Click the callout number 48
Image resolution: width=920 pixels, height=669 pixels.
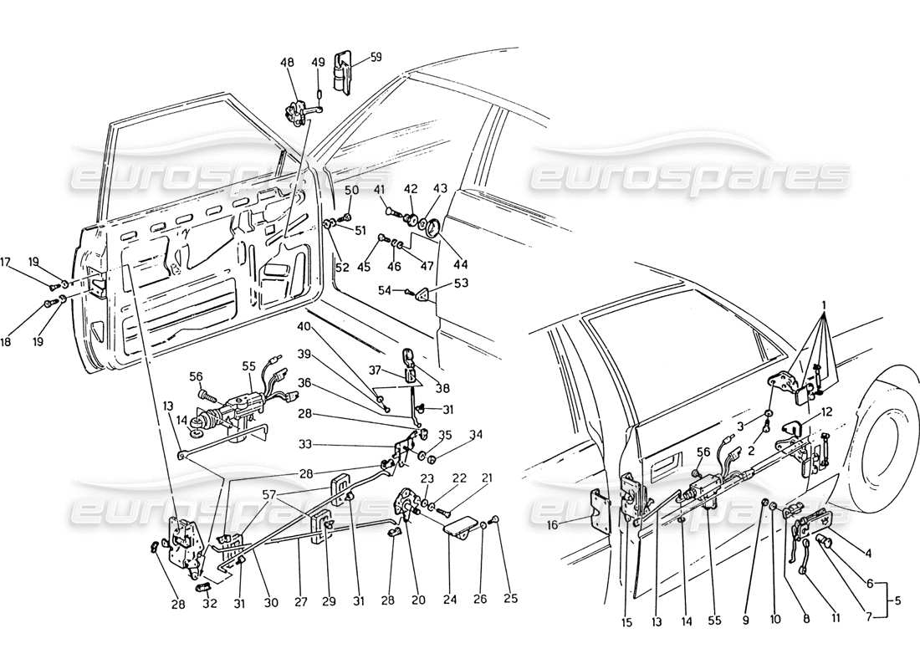(x=288, y=63)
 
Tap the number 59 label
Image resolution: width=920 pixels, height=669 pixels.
(x=376, y=58)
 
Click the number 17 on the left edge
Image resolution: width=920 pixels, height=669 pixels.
(x=5, y=262)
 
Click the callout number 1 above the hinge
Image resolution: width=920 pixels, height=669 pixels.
(x=825, y=305)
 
